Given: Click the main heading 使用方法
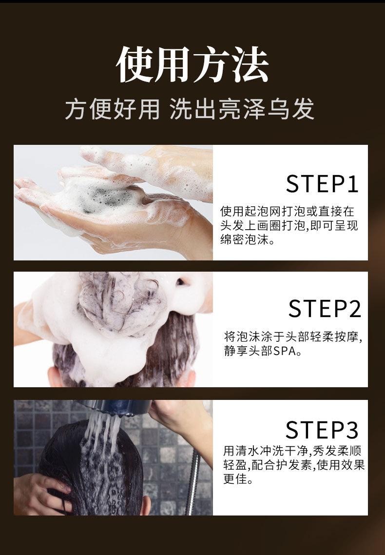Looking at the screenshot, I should (192, 65).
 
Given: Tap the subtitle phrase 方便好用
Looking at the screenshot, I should (113, 109).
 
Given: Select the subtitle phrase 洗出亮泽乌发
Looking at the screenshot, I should (242, 109).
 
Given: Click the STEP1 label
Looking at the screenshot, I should (322, 184).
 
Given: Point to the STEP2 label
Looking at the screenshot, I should (324, 308).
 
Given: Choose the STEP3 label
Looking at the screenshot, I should (322, 430).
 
